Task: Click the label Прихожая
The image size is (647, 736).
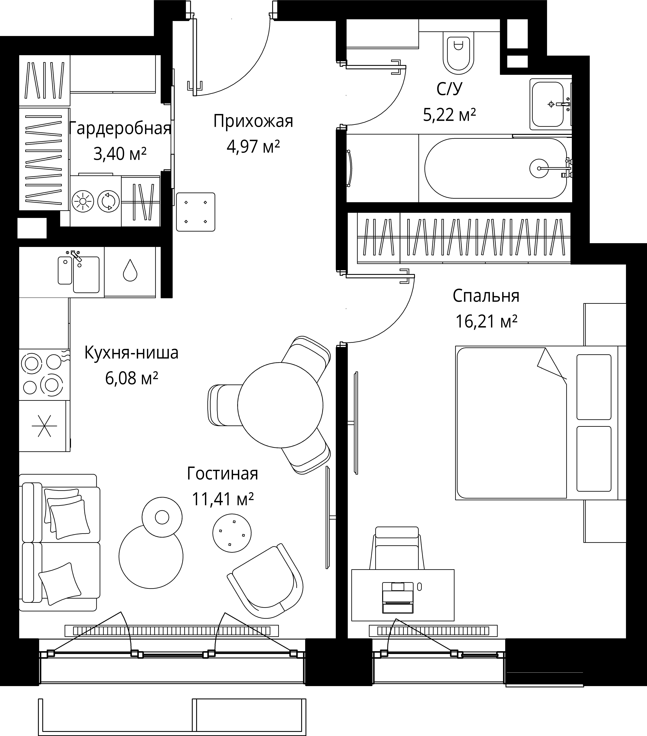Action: tap(253, 121)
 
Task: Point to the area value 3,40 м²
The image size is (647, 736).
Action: tap(120, 154)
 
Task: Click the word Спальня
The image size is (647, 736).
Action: tap(486, 296)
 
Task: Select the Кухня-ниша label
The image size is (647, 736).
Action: tap(131, 353)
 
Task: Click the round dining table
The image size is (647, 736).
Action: tap(280, 405)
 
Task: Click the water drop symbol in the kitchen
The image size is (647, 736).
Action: tap(130, 271)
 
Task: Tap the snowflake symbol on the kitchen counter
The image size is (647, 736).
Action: tap(44, 426)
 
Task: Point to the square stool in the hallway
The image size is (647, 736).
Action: tap(196, 212)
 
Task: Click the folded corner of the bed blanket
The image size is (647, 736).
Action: tap(551, 364)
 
